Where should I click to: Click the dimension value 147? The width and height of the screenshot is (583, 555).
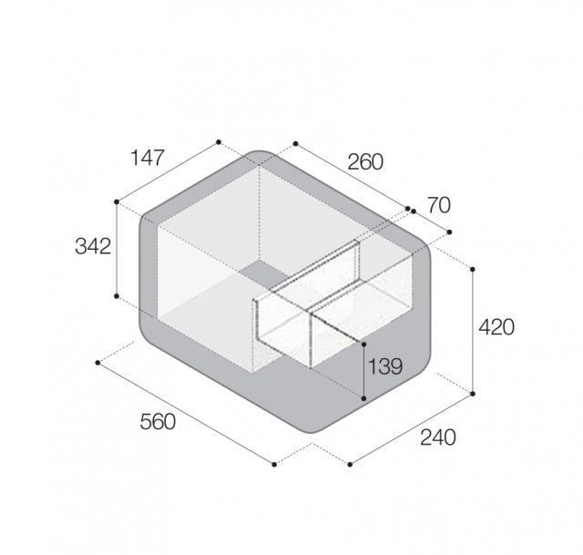(148, 158)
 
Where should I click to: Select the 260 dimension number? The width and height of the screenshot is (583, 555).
(365, 162)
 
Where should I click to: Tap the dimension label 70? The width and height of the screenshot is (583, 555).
(439, 205)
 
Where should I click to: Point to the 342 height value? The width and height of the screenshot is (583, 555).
(93, 246)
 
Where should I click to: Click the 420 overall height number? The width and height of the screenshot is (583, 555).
(496, 327)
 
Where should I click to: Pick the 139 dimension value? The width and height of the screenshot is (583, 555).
(384, 366)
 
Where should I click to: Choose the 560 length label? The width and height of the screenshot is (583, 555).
(158, 422)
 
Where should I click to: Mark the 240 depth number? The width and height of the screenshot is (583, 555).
(437, 437)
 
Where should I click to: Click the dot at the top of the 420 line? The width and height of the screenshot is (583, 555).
(473, 269)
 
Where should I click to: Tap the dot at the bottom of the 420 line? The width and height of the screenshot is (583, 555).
(473, 394)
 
